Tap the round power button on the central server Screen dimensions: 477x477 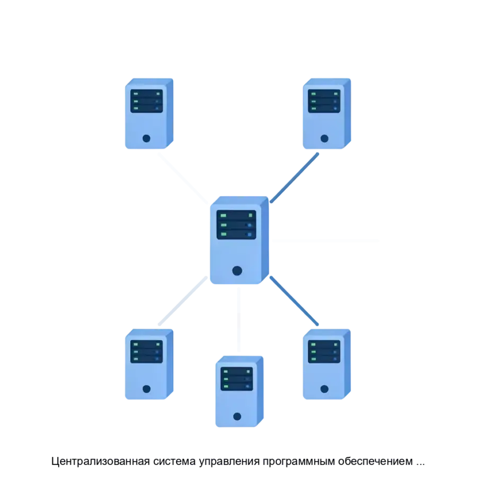[237, 271]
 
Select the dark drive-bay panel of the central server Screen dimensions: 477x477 [236, 225]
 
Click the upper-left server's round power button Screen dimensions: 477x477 [146, 138]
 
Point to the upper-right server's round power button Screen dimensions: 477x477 [324, 138]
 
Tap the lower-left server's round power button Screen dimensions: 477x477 [146, 389]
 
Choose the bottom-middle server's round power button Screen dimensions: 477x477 [237, 416]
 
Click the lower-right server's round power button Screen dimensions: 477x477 [324, 389]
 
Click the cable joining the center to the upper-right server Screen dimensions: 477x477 [294, 178]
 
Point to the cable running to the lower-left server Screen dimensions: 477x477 [183, 301]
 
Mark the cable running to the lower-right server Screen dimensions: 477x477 [294, 301]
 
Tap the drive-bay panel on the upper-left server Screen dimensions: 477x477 [146, 101]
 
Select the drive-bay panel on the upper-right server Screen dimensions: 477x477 [324, 101]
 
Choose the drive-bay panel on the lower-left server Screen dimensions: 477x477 [146, 351]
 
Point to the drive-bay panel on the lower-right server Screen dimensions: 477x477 [324, 351]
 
